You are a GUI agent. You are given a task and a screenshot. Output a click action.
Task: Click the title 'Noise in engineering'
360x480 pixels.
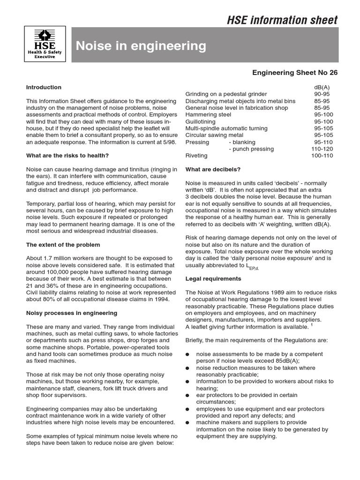click(x=141, y=46)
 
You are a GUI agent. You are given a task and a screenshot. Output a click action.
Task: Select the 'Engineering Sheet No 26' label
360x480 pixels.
click(x=295, y=73)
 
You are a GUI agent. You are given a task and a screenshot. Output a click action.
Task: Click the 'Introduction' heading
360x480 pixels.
click(x=44, y=87)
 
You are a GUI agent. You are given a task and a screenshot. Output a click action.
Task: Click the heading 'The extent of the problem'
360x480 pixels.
click(x=63, y=245)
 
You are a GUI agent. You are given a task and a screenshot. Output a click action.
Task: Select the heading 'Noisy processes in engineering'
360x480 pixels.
click(x=72, y=313)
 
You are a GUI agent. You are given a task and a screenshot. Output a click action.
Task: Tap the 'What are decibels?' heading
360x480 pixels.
click(x=213, y=169)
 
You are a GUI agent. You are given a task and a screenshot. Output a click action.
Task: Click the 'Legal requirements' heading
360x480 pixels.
click(x=213, y=278)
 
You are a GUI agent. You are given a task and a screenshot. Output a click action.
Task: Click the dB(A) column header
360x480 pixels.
click(x=322, y=87)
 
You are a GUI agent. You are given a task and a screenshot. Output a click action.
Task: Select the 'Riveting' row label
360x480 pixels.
click(x=196, y=155)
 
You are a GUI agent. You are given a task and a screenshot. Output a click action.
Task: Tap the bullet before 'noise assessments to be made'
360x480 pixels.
click(x=187, y=354)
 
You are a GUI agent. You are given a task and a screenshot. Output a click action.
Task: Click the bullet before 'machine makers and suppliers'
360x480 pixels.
click(x=187, y=422)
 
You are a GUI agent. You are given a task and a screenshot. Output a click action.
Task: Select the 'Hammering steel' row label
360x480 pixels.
click(x=208, y=114)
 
